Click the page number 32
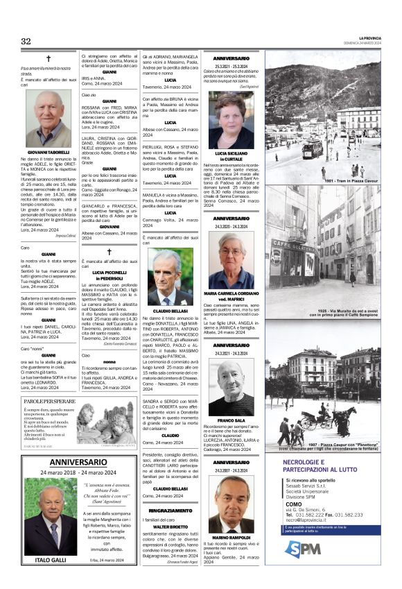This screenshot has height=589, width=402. (26, 42)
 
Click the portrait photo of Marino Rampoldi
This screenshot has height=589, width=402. (232, 513)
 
